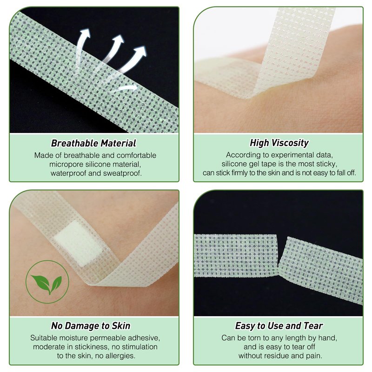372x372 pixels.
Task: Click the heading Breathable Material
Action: tap(93, 143)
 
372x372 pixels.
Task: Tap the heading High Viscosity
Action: tap(279, 143)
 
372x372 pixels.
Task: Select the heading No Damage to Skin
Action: tap(91, 326)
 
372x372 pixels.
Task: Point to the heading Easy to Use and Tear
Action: tap(279, 326)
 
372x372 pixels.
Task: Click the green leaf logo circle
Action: tap(47, 282)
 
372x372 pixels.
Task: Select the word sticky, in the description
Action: tap(327, 164)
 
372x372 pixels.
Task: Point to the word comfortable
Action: tap(136, 155)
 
